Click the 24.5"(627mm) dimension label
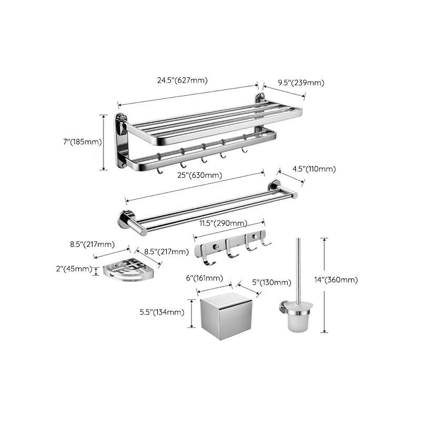coord(182,81)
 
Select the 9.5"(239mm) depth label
coord(300,83)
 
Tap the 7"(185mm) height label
coord(82,142)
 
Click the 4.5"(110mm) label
coord(314,169)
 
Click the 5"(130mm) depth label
coord(271,283)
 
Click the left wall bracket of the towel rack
coord(122,140)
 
